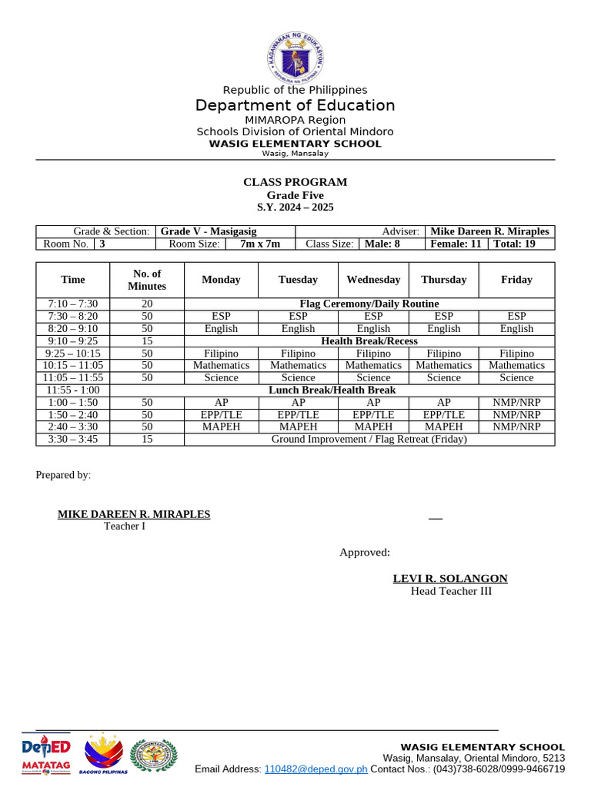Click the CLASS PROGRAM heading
pos(295,182)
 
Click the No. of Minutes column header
pos(147,280)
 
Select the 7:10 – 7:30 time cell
pos(73,304)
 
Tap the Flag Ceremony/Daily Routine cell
pos(369,304)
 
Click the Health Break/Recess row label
pos(369,341)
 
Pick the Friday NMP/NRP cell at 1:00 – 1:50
pos(516,402)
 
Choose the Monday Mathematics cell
pos(221,366)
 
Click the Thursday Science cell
pos(444,378)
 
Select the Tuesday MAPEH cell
pos(298,427)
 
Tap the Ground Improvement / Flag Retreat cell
pos(369,440)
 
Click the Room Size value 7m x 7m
pos(260,244)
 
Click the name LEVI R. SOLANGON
pos(450,579)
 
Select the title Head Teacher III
pos(451,591)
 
